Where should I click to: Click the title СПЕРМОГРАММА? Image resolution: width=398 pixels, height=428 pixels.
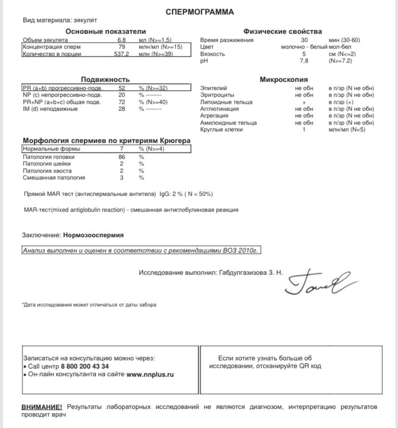[200, 12]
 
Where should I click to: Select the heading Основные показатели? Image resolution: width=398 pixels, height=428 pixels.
[98, 32]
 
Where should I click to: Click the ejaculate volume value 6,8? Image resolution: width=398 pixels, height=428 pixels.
[122, 40]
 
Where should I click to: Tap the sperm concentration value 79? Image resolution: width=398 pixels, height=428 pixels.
[122, 47]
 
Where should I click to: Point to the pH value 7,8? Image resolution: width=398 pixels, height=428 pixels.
[304, 61]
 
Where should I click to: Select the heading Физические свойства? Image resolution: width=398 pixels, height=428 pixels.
[282, 32]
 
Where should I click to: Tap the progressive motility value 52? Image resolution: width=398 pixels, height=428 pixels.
[122, 88]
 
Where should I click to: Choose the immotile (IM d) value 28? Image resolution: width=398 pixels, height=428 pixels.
[122, 109]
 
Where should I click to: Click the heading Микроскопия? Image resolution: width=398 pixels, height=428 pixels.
[283, 79]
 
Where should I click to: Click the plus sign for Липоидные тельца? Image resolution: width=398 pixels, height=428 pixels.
[304, 102]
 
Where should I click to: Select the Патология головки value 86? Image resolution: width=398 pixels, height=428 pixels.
[122, 157]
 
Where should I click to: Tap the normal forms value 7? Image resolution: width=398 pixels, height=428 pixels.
[122, 149]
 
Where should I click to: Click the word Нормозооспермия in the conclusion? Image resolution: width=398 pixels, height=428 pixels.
[93, 235]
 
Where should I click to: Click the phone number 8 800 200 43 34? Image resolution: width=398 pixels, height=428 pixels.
[85, 366]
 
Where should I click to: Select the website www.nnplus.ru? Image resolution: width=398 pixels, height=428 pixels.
[150, 374]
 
